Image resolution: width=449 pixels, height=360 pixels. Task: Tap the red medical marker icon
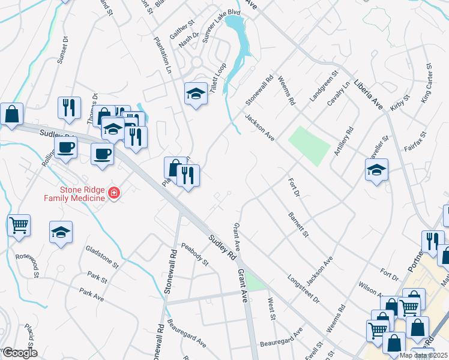114,193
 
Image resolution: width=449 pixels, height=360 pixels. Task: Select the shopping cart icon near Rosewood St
19,226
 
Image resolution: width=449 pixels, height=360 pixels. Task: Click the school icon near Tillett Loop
195,94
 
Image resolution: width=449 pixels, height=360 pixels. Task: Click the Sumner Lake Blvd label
221,28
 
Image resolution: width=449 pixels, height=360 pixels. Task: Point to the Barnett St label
298,224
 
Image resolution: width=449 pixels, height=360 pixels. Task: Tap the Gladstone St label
103,256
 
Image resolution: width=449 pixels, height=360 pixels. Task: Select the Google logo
19,353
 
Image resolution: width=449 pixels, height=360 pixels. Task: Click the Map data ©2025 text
423,355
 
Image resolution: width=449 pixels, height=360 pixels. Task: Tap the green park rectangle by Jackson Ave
309,143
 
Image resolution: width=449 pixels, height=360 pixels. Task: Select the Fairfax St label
414,142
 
